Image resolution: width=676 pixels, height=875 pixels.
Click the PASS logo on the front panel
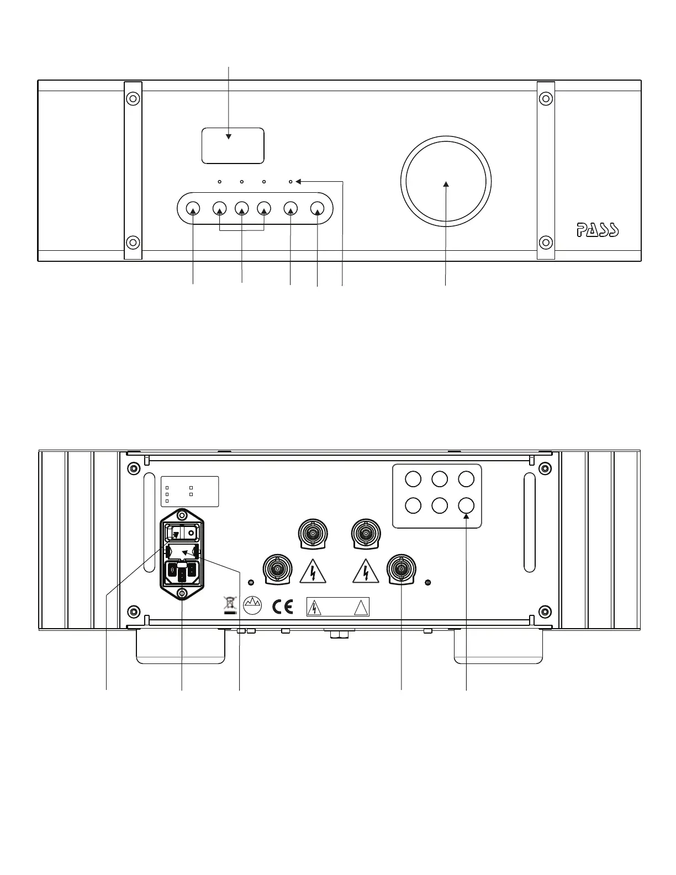tap(598, 230)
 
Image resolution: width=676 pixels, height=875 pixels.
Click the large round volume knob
tap(446, 181)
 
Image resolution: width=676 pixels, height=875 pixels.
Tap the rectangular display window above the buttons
tap(233, 145)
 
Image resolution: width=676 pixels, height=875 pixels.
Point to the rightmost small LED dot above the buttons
tap(291, 181)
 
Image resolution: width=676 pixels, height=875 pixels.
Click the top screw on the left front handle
tap(133, 99)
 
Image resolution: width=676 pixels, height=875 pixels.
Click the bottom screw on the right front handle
tap(546, 242)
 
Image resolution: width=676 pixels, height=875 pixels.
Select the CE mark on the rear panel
tap(282, 607)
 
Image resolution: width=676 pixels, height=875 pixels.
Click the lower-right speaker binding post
tap(402, 569)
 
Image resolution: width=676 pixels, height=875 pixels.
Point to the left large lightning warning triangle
tap(313, 572)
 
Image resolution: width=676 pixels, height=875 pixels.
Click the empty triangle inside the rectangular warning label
tap(360, 608)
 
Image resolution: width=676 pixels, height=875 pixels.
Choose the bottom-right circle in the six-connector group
tap(466, 505)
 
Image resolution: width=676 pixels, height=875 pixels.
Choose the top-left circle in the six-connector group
tap(413, 478)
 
